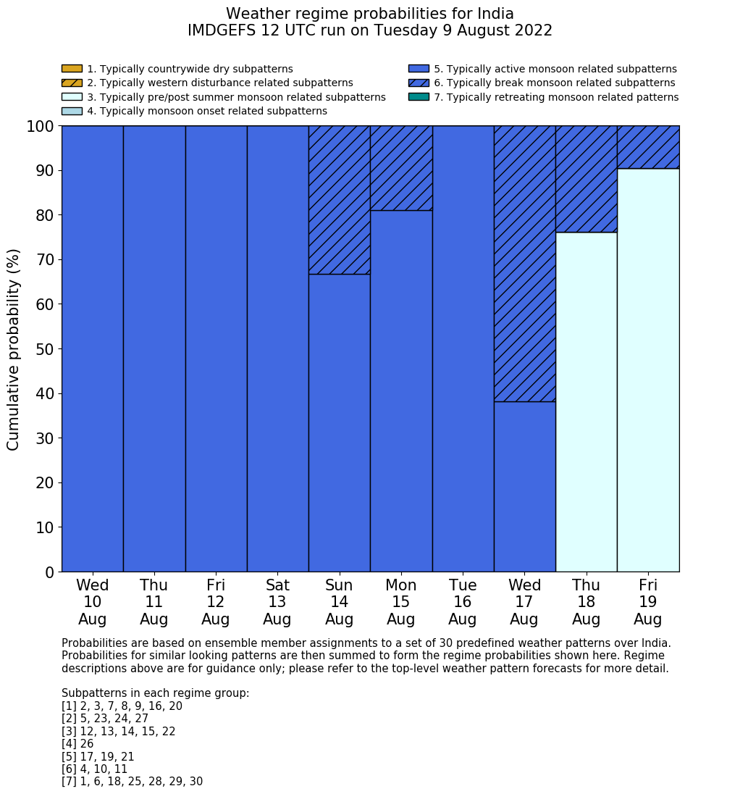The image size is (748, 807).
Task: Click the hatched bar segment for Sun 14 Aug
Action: pos(339,200)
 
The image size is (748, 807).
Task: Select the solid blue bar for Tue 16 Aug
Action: pos(463,348)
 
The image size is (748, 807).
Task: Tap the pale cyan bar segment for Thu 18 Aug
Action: pos(586,402)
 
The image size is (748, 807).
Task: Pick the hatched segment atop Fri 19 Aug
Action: pos(648,147)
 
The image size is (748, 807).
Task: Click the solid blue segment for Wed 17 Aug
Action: pos(524,486)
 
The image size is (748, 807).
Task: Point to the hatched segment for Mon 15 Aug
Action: pos(401,168)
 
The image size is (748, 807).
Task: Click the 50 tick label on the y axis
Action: pos(45,349)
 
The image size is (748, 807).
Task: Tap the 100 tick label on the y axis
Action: pos(41,127)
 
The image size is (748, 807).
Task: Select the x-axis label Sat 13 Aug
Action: pos(277,602)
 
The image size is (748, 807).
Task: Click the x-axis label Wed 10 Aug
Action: pos(93,602)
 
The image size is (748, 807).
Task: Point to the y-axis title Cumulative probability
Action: pos(14,349)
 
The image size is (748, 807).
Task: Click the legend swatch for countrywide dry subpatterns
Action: pos(72,69)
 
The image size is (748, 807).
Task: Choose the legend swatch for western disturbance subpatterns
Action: pos(72,83)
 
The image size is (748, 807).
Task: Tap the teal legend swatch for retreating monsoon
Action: pos(419,96)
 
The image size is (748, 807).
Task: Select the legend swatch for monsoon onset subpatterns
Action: pos(72,111)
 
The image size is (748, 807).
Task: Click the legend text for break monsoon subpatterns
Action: pos(554,83)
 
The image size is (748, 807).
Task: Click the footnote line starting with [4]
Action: pos(77,744)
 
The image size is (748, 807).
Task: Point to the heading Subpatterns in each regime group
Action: pos(155,693)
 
